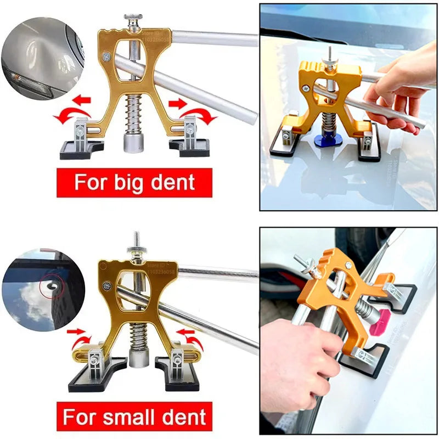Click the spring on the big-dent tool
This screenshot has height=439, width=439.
click(134, 112)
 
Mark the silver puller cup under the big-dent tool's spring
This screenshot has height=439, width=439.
click(133, 144)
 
